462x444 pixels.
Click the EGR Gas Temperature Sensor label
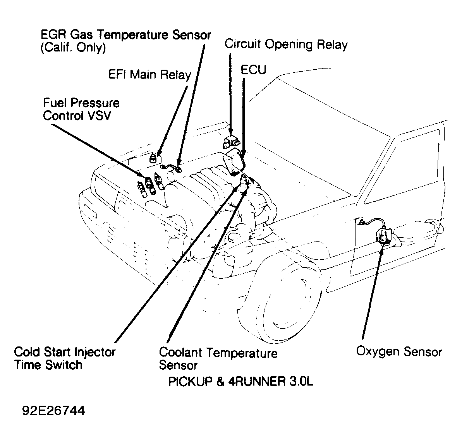coord(126,35)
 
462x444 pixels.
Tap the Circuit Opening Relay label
coord(286,44)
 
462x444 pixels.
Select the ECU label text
coord(254,70)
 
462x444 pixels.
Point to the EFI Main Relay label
coord(149,74)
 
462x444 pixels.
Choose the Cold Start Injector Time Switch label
coord(65,358)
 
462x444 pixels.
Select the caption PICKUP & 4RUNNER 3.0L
coord(240,382)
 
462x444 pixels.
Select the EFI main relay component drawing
coord(154,158)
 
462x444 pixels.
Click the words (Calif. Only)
coord(73,48)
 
